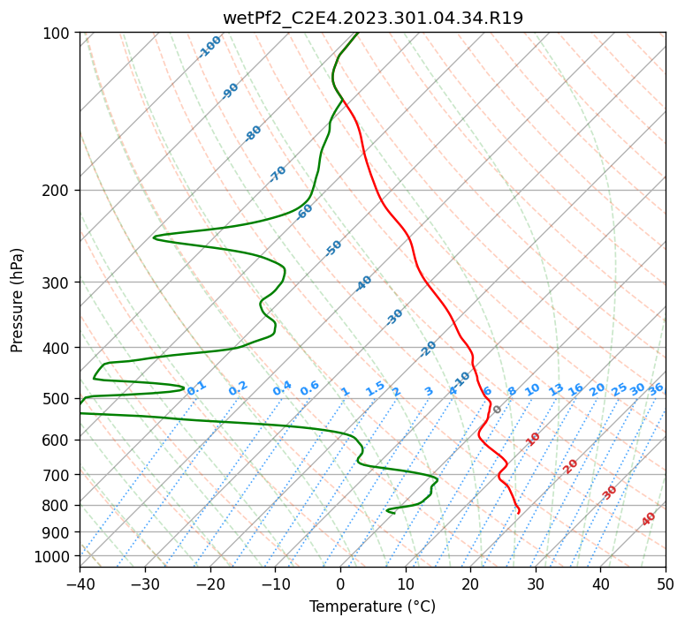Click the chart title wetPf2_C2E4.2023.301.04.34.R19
(x=373, y=18)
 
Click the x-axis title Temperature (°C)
(x=373, y=607)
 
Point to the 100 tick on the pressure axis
(x=57, y=34)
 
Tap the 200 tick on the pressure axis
(x=57, y=191)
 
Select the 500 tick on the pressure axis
(x=57, y=399)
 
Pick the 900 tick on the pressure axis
(x=57, y=532)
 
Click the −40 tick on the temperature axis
(x=80, y=584)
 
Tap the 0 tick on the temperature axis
(x=340, y=584)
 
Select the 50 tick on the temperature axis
(x=666, y=584)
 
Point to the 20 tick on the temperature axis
(x=470, y=584)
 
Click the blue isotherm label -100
(x=210, y=46)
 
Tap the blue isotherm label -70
(x=278, y=174)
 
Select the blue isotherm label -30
(x=394, y=317)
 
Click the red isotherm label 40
(x=649, y=519)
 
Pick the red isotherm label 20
(x=570, y=466)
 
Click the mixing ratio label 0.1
(x=196, y=388)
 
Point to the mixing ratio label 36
(x=656, y=388)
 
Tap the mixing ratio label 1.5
(x=375, y=388)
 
